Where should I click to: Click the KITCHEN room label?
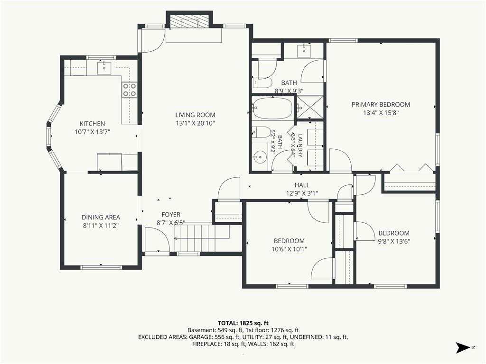(93, 124)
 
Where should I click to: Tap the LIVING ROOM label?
(195, 115)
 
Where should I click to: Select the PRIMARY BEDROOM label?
(381, 105)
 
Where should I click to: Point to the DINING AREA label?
(101, 217)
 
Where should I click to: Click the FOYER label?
(171, 215)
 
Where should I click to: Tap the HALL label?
(302, 185)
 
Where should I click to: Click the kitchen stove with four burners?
(129, 90)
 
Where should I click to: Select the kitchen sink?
(104, 68)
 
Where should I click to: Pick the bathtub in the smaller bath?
(272, 108)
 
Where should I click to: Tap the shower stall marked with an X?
(310, 107)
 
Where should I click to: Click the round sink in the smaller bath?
(261, 156)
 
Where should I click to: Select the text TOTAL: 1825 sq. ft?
(243, 323)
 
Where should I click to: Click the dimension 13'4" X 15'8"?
(381, 113)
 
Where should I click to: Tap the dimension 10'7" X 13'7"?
(93, 132)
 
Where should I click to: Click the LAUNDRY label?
(300, 145)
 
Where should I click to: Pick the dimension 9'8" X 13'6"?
(394, 241)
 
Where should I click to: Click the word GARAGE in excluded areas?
(200, 337)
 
